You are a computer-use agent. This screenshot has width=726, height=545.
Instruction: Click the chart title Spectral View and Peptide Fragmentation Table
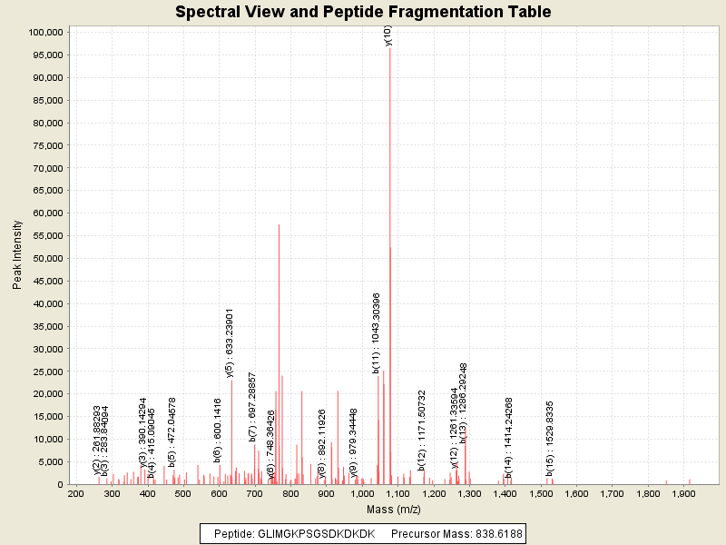point(363,12)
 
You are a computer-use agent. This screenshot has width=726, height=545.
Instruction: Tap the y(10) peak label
point(388,36)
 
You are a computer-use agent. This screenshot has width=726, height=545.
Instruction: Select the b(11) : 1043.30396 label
point(377,332)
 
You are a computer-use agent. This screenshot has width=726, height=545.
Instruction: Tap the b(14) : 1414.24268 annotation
point(509,438)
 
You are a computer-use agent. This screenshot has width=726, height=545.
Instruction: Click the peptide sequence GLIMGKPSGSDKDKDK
point(309,533)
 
